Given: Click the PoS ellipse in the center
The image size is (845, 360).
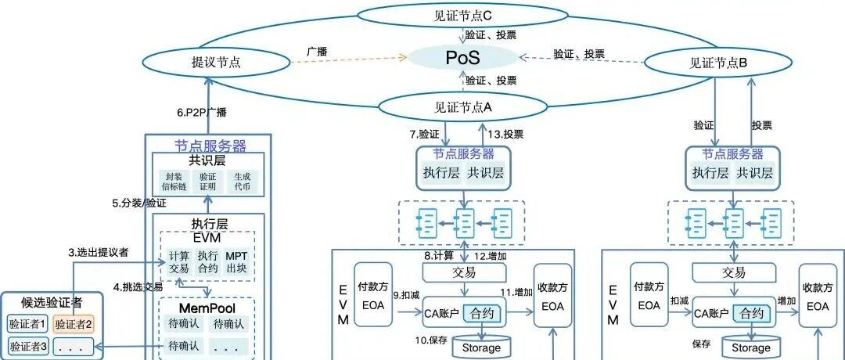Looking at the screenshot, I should click(x=462, y=57).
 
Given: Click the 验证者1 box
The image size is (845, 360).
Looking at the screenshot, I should click(x=27, y=323).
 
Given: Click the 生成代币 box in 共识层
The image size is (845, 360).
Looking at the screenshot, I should click(x=241, y=182).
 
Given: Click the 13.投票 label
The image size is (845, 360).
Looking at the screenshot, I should click(x=506, y=134).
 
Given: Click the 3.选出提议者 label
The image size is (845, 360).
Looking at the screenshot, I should click(x=99, y=253).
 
